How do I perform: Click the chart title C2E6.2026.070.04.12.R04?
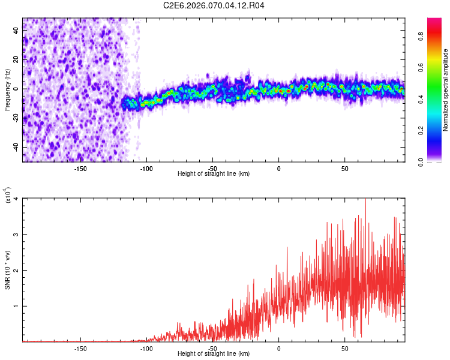click(214, 5)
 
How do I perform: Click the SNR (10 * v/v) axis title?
click(7, 270)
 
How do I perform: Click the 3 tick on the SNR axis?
click(16, 235)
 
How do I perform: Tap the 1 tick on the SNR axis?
click(16, 306)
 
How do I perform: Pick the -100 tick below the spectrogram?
click(146, 168)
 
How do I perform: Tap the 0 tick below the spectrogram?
click(278, 168)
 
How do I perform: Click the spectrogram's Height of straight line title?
click(214, 173)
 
